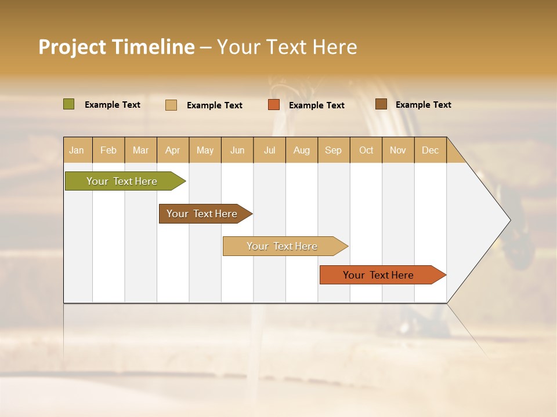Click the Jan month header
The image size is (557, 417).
[77, 150]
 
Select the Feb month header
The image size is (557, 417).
[108, 150]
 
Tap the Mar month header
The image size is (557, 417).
[140, 150]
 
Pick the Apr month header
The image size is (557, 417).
[172, 150]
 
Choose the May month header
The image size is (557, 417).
[205, 150]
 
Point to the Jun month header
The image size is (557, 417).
[237, 150]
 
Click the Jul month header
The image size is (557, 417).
[269, 150]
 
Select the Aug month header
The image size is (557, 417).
[301, 150]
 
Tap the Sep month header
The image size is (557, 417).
[333, 150]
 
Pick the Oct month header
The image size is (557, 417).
[366, 150]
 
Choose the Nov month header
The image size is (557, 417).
[398, 150]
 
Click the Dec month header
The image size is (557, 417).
[430, 150]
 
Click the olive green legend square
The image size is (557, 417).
[69, 104]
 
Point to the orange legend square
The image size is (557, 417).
[274, 105]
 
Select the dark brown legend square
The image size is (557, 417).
[381, 104]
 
